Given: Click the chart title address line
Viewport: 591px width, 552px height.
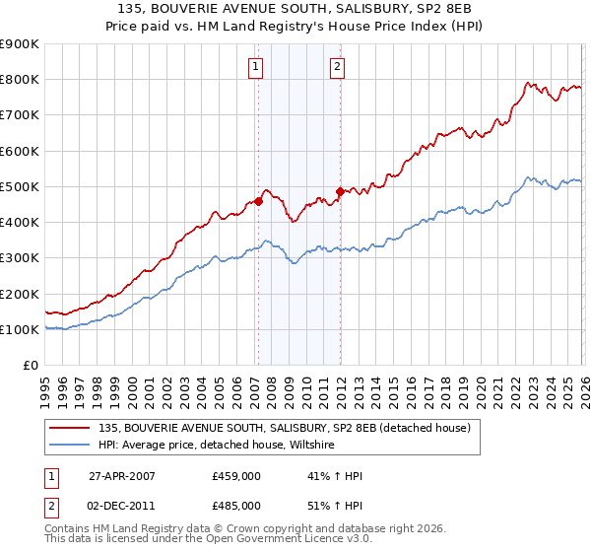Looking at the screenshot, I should click(295, 8).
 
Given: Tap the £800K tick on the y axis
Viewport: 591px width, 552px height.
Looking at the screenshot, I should click(20, 80).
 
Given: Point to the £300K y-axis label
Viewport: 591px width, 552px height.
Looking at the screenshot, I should click(20, 258).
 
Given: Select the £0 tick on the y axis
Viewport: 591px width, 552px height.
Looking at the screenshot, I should click(31, 366).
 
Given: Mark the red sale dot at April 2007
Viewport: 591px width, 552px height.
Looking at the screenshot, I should click(258, 201).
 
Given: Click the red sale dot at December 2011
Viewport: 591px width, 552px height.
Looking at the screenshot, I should click(340, 191).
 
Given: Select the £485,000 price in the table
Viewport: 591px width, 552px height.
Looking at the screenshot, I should click(236, 505).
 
